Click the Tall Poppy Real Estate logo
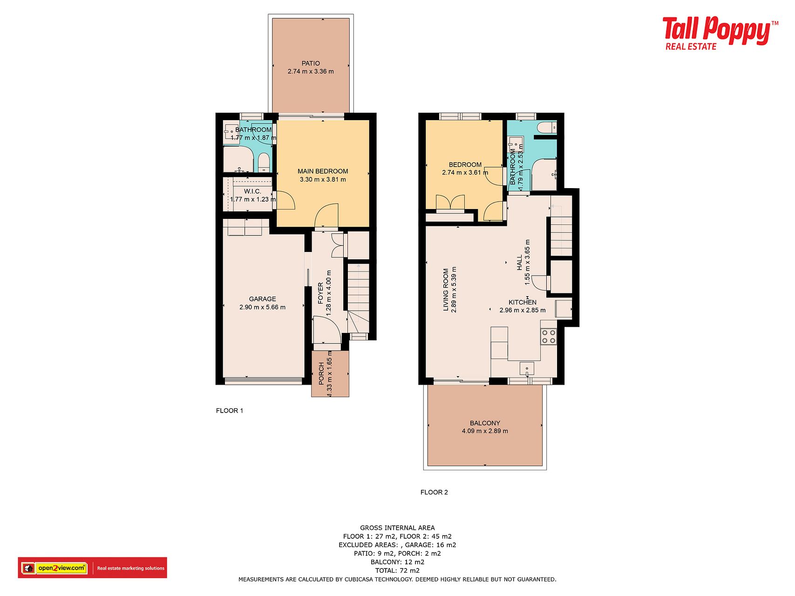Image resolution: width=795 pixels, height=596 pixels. click(x=720, y=33)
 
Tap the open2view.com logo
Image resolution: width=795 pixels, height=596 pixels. click(x=92, y=568)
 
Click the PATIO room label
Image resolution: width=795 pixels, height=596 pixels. click(x=311, y=63)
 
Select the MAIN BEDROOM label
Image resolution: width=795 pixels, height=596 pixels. click(x=323, y=171)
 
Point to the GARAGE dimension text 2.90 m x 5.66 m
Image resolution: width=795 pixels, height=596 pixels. click(x=262, y=307)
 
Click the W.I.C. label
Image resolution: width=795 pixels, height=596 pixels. click(x=252, y=191)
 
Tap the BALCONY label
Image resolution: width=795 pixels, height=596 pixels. click(x=485, y=423)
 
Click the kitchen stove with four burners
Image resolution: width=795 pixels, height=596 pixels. click(x=549, y=337)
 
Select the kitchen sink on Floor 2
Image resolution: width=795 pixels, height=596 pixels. click(x=527, y=369)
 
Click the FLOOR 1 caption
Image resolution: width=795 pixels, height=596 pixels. click(x=230, y=411)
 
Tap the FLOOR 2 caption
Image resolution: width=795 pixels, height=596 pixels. click(x=434, y=492)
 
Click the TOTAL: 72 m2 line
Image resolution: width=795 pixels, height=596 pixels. click(x=397, y=570)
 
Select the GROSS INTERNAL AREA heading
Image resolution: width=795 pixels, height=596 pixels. click(x=397, y=528)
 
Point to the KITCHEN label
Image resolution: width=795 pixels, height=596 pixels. click(x=523, y=303)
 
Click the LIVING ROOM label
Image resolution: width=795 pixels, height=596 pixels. click(x=446, y=290)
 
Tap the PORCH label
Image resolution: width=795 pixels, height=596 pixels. click(x=321, y=374)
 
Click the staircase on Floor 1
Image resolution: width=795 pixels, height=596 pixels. click(x=359, y=298)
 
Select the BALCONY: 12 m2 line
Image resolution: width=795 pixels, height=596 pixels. click(x=397, y=562)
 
